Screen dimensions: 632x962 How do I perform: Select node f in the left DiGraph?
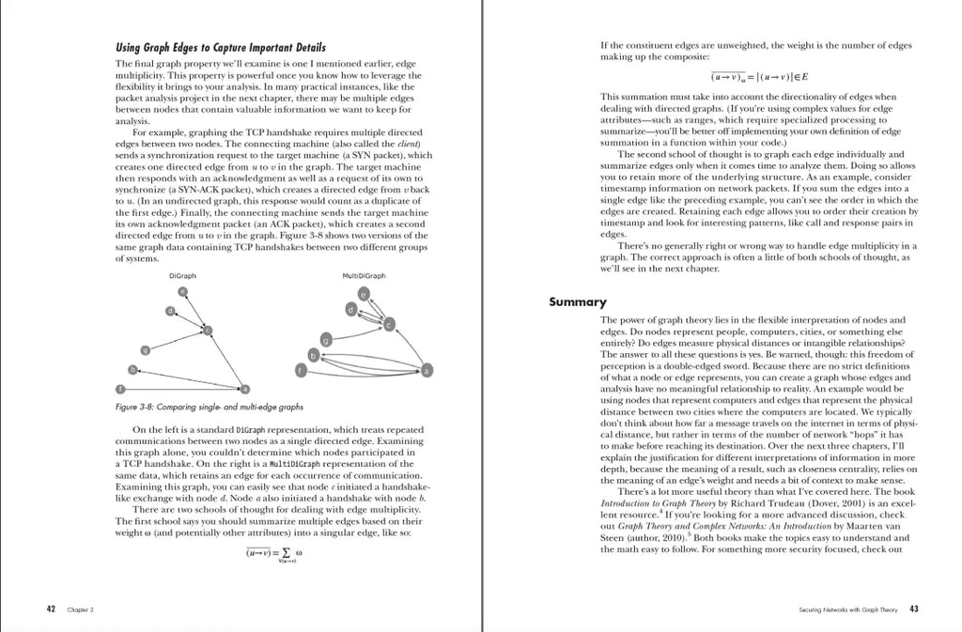pos(119,389)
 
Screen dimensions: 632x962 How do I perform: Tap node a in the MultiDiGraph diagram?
pos(427,370)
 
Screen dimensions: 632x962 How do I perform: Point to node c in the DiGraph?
pos(208,330)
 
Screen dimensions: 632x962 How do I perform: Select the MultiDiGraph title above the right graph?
pos(365,276)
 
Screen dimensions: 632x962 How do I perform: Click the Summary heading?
pos(578,301)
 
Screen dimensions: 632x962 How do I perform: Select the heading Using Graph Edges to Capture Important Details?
pos(221,48)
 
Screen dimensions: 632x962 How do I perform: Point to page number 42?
pos(52,609)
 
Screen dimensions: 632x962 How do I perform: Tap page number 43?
pos(914,609)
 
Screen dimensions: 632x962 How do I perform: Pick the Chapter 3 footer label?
pos(77,609)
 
